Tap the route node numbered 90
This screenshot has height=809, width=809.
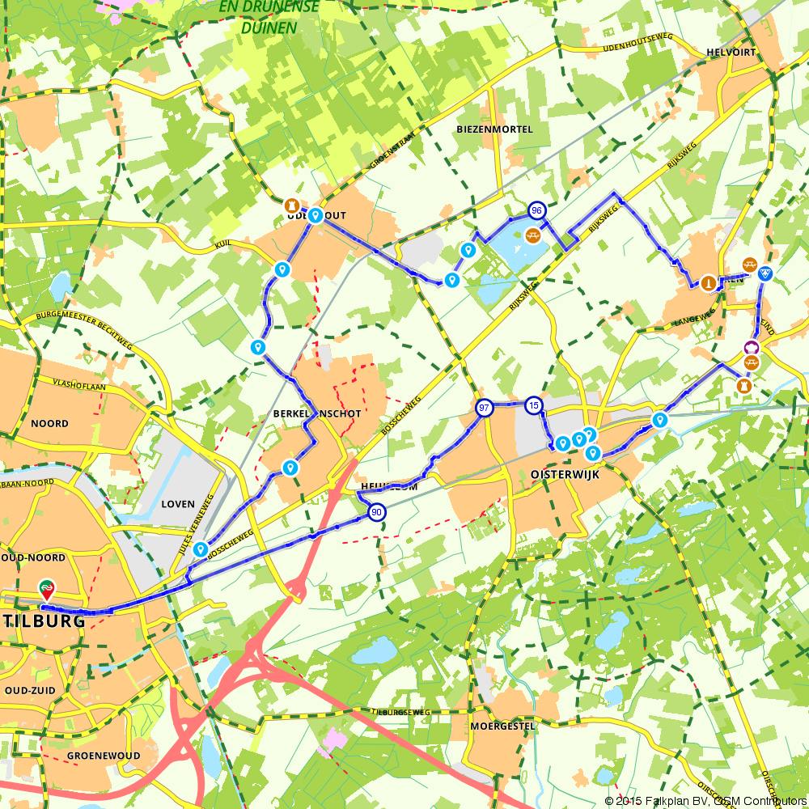click(377, 512)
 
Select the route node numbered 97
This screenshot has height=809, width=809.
click(484, 407)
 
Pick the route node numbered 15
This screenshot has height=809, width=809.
click(532, 404)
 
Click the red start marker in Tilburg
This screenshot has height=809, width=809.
click(48, 588)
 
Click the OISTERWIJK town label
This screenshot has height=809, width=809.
click(565, 475)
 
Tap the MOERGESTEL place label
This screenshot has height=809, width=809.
click(502, 726)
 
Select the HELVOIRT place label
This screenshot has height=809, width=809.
click(730, 52)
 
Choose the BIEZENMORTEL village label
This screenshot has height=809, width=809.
click(494, 129)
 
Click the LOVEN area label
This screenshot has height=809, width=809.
click(178, 504)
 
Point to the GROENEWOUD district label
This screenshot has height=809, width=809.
click(104, 756)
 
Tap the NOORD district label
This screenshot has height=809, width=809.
click(49, 423)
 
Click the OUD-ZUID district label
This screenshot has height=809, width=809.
click(33, 689)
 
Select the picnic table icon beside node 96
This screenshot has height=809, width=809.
click(533, 235)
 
